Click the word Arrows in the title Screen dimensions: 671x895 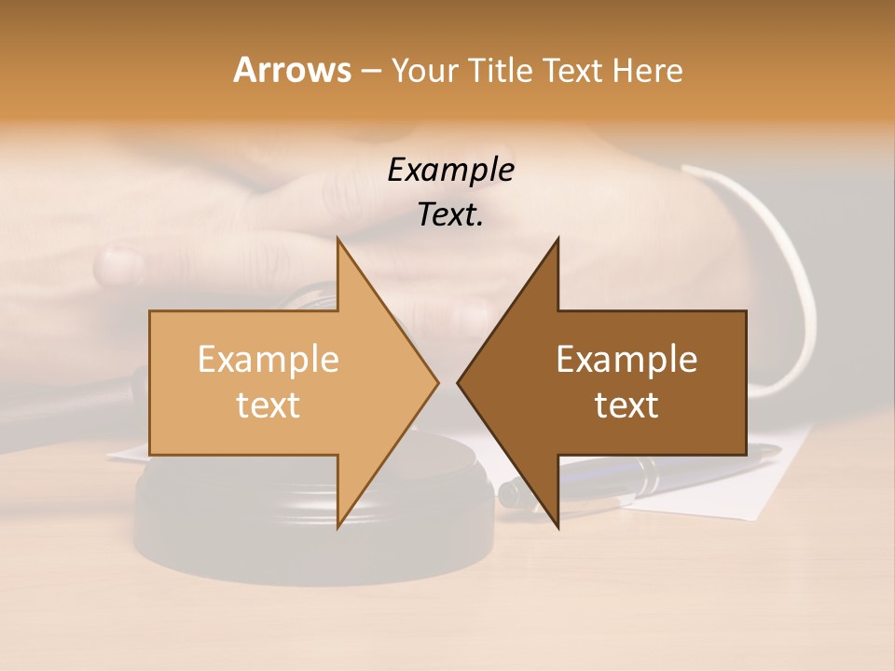(x=292, y=70)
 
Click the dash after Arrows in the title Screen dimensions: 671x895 (x=370, y=71)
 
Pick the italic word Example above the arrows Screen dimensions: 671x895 (x=450, y=170)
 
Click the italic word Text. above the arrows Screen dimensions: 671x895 (x=450, y=214)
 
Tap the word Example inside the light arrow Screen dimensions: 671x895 (x=268, y=359)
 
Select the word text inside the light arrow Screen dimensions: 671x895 (x=268, y=404)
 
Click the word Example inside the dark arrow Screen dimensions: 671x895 (x=626, y=359)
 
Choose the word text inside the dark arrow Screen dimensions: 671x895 (x=626, y=404)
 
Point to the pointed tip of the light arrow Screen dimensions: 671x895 (x=437, y=382)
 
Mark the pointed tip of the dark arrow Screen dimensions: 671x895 (x=458, y=382)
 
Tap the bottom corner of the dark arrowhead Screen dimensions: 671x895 (x=558, y=527)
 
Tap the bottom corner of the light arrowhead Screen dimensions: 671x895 (x=338, y=527)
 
